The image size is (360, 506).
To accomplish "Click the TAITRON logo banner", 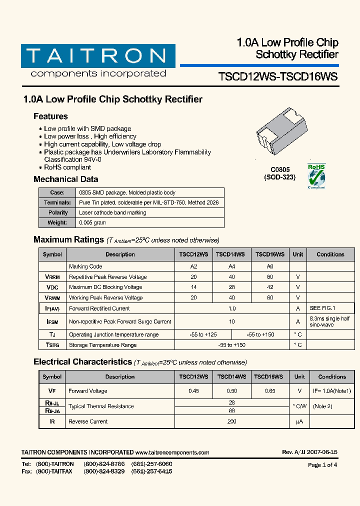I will (98, 56).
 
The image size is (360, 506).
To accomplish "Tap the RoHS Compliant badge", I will (316, 176).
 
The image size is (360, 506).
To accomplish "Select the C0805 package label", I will (280, 170).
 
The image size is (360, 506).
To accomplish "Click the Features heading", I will (50, 116).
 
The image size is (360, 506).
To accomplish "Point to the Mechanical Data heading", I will (65, 179).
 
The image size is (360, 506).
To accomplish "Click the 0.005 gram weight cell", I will (92, 223).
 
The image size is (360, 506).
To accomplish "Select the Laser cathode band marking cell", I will (112, 213).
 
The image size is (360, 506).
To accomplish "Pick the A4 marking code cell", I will (231, 266).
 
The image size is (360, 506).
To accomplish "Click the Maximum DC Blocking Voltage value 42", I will (270, 287).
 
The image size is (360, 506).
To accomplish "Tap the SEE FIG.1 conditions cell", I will (322, 308).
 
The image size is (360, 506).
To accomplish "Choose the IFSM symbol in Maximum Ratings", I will (52, 322).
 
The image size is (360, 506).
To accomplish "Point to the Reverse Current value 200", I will (231, 421).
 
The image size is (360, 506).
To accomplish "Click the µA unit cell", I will (299, 421).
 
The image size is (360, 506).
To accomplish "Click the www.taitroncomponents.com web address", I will (172, 452).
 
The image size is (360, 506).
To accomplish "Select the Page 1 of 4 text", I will (322, 465).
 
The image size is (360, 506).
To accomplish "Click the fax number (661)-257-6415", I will (151, 471).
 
